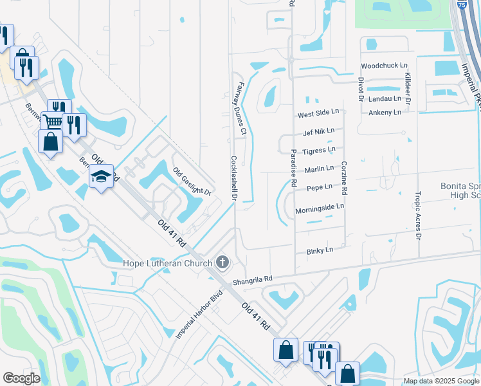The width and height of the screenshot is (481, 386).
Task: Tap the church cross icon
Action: [222, 262]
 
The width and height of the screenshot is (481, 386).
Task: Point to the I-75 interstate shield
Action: [462, 5]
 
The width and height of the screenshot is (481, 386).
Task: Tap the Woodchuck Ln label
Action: [384, 66]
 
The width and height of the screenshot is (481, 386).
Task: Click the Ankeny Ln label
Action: [385, 112]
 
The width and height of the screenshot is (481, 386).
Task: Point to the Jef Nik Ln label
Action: [319, 131]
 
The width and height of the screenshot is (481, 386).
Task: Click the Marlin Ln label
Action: [320, 169]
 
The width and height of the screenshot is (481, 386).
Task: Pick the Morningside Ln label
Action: [320, 208]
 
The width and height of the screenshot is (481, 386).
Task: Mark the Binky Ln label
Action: [320, 250]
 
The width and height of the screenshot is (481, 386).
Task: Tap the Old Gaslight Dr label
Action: [192, 182]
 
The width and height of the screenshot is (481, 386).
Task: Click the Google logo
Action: [21, 378]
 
